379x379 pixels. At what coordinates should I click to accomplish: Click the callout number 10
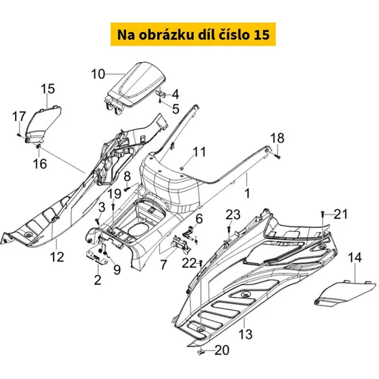(98, 74)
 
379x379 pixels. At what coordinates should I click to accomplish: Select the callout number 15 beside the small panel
(48, 89)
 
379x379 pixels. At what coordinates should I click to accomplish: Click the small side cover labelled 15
(43, 124)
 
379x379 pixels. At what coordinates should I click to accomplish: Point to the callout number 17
(19, 117)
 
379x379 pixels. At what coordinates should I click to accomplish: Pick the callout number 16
(40, 164)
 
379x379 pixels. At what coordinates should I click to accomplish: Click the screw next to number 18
(278, 157)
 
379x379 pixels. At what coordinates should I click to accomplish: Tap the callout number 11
(199, 152)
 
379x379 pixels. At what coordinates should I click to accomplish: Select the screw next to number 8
(127, 189)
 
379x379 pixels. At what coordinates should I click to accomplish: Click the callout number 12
(57, 257)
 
